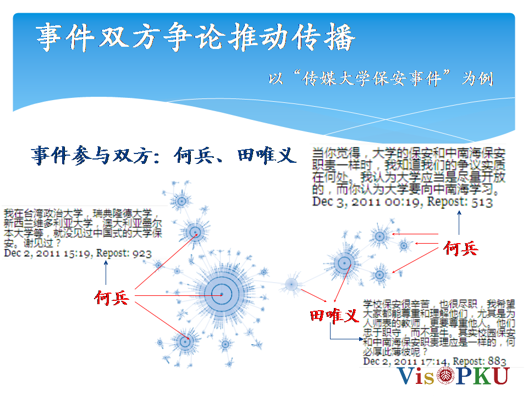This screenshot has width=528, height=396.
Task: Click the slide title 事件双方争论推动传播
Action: (x=196, y=37)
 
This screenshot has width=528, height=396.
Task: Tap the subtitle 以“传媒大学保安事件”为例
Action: (x=381, y=79)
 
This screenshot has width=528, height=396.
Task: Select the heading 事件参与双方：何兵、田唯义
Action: (x=164, y=155)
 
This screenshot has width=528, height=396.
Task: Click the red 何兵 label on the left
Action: (x=112, y=298)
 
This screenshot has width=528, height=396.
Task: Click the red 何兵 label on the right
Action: (x=461, y=249)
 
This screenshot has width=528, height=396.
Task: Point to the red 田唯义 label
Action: (x=334, y=316)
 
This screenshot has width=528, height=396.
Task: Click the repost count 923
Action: (x=142, y=253)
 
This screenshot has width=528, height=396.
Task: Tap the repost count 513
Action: (x=482, y=202)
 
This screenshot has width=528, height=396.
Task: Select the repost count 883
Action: (x=497, y=361)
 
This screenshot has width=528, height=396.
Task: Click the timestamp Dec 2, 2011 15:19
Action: (x=48, y=254)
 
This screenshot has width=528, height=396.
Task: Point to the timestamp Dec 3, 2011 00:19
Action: (x=368, y=202)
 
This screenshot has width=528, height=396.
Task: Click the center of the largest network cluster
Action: (x=222, y=294)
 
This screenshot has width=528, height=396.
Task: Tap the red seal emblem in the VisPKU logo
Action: (x=446, y=376)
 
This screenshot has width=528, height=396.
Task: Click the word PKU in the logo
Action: (x=482, y=376)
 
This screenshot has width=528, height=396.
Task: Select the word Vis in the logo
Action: (x=416, y=376)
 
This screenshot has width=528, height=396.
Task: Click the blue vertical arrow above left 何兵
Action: (x=106, y=273)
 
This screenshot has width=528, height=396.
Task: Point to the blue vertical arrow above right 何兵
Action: (x=459, y=223)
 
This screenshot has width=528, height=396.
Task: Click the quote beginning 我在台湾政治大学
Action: (x=83, y=228)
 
